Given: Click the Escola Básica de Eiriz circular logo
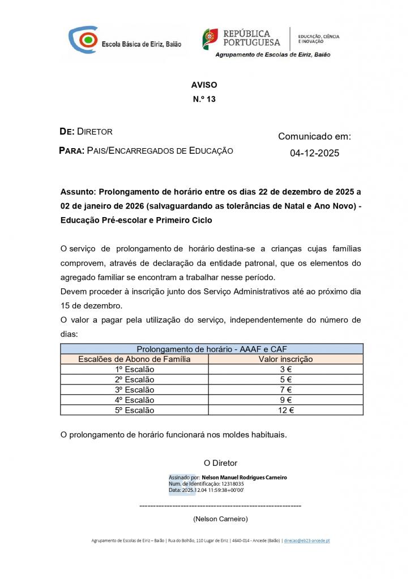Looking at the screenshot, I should point(83,40).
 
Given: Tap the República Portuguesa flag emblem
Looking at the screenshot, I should point(210,38).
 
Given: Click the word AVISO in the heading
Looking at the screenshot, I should point(204,85).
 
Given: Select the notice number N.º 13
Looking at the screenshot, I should point(204,98).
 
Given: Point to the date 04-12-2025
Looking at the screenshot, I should point(314,153).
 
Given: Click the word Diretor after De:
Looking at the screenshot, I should point(95,132).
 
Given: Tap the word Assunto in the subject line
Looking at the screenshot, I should point(77,192).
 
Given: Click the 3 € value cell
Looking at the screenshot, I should point(285,369).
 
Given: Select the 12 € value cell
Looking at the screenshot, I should point(285,411).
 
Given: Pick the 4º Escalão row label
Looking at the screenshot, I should point(134,400).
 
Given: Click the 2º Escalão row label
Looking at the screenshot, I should point(134,379).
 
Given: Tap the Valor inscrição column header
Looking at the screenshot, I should point(285,358).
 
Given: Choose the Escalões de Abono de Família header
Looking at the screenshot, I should point(134,358).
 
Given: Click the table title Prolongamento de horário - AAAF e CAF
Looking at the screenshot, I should point(212,349).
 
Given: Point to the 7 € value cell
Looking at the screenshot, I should point(285,390).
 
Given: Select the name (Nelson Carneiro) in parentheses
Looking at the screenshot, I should point(220,518).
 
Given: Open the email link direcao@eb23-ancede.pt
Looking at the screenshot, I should point(306,541).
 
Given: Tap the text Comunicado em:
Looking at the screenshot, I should point(314,136).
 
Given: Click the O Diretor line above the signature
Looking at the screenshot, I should point(220,463).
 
